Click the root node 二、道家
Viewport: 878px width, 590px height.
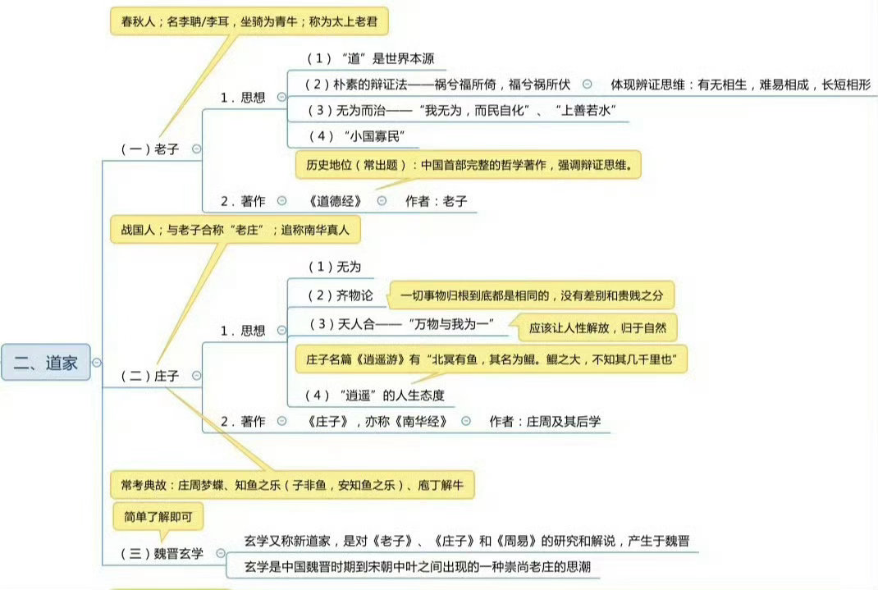(x=45, y=363)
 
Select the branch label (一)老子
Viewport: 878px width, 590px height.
(x=149, y=149)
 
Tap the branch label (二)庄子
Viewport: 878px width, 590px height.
(x=149, y=376)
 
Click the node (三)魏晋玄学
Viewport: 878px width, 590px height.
(x=162, y=553)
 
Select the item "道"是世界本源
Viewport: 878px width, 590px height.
(x=370, y=59)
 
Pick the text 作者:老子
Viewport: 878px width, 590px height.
(x=436, y=201)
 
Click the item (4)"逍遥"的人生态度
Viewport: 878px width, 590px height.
(x=375, y=396)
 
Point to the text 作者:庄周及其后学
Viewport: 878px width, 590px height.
(x=545, y=421)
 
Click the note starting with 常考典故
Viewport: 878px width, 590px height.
(x=292, y=486)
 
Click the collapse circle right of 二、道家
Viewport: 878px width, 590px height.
(x=98, y=363)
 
